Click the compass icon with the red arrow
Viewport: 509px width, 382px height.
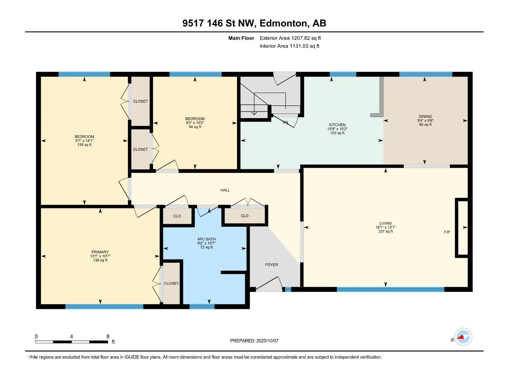click(463, 336)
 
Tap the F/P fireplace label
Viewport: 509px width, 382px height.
click(447, 232)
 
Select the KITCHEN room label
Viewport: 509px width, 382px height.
click(337, 125)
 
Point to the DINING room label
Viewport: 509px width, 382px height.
click(425, 117)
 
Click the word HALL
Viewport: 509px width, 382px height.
click(225, 190)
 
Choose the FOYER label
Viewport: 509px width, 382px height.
click(271, 265)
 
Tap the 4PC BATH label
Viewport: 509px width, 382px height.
click(206, 239)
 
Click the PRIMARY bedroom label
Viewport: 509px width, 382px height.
click(100, 252)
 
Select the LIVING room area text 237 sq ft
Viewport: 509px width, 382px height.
click(385, 231)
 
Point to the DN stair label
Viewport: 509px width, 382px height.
click(285, 122)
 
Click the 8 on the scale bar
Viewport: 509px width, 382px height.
click(108, 336)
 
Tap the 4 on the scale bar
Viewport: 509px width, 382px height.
click(72, 336)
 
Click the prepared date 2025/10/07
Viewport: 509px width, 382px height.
click(267, 341)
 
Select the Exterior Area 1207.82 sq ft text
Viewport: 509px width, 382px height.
click(290, 38)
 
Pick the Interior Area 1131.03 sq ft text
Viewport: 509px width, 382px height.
click(289, 46)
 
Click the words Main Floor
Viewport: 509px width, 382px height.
click(241, 38)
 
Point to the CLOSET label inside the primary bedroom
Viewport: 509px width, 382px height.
click(171, 283)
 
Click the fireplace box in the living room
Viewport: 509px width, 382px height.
click(462, 228)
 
